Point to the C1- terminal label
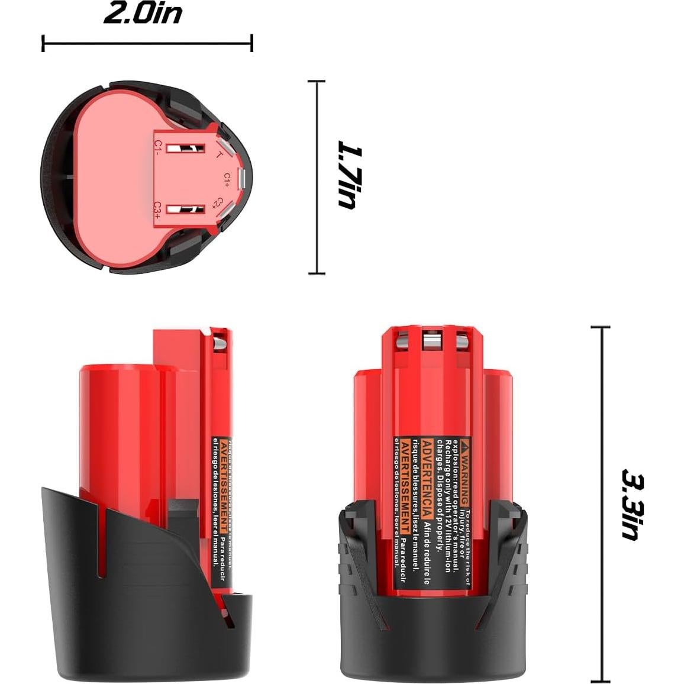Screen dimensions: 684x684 [158, 147]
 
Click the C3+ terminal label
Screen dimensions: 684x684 [158, 211]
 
